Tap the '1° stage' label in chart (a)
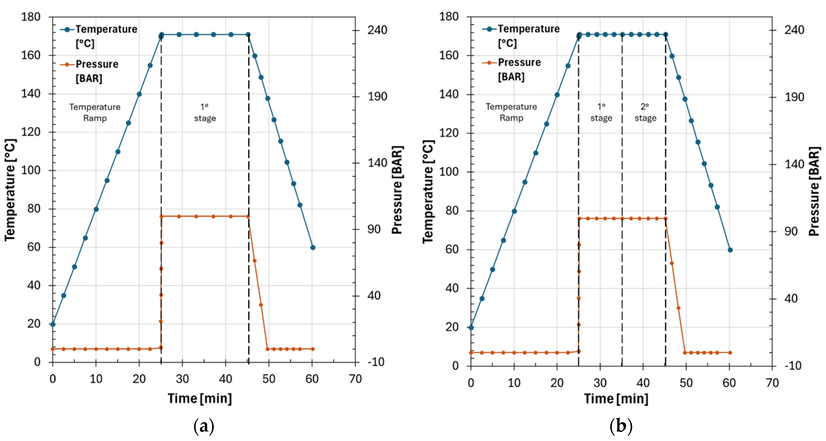[x=205, y=112]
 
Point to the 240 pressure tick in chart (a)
[x=377, y=30]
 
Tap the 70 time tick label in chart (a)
[x=355, y=379]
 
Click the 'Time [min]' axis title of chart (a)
[x=200, y=399]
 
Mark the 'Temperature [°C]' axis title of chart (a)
[x=10, y=190]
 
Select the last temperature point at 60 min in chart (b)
[x=730, y=250]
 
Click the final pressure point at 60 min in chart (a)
[x=313, y=349]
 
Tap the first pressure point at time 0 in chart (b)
[x=471, y=352]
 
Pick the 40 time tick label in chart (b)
[x=643, y=383]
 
